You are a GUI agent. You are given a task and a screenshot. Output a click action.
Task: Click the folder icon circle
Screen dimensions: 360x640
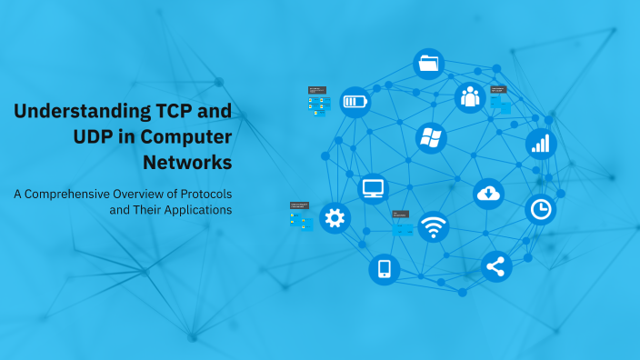(429, 64)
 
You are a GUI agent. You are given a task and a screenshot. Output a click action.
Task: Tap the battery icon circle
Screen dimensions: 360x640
(355, 102)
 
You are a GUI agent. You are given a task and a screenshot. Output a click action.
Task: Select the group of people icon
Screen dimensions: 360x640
(470, 96)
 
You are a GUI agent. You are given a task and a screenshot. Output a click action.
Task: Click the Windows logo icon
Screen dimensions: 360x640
(430, 138)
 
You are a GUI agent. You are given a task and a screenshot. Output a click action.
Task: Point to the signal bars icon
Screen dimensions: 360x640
(541, 143)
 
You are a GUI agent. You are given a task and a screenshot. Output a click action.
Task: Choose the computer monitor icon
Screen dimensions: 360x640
(374, 188)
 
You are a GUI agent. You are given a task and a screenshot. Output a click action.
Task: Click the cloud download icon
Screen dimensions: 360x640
(488, 193)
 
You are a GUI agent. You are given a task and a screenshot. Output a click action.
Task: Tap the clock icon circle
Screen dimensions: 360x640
(541, 209)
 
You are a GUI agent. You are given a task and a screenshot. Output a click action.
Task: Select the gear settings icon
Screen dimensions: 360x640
(335, 217)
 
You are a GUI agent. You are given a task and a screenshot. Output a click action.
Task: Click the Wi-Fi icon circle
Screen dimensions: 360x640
(434, 226)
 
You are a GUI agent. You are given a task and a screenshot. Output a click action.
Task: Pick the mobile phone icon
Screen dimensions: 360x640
(384, 268)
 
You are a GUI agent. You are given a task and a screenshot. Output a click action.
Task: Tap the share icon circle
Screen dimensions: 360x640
(495, 266)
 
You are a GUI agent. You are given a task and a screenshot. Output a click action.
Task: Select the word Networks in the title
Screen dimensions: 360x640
(187, 163)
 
